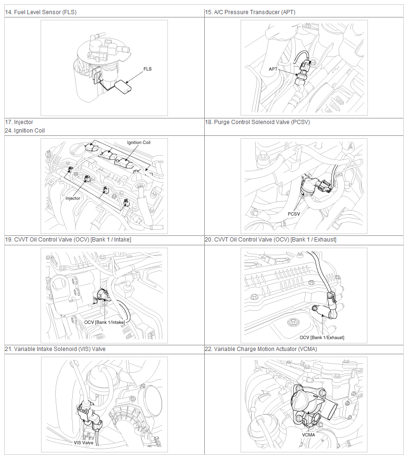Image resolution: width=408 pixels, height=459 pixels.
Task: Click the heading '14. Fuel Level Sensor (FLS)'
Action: [x=41, y=12]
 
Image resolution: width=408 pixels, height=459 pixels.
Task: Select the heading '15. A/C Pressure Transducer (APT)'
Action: [x=250, y=12]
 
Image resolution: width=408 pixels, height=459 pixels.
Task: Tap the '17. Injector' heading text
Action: [x=19, y=122]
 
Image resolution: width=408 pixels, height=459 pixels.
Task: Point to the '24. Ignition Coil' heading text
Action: [x=25, y=131]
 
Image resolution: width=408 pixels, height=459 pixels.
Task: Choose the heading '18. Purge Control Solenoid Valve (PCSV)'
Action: [x=257, y=122]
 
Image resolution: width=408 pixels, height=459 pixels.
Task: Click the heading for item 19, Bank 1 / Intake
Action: [x=68, y=240]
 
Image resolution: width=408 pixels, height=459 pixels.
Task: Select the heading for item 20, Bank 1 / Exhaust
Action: [x=270, y=240]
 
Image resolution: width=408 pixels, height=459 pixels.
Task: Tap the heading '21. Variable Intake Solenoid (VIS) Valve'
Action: [x=55, y=349]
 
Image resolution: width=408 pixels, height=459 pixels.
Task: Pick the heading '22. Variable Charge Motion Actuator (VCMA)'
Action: [x=261, y=349]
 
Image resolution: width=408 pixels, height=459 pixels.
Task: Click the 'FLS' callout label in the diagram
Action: [x=148, y=69]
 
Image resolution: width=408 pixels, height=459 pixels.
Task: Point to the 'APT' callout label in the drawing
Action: [x=273, y=69]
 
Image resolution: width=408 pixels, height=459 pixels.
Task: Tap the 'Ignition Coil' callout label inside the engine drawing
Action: [x=139, y=142]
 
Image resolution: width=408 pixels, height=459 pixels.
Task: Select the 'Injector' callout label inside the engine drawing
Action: [x=73, y=199]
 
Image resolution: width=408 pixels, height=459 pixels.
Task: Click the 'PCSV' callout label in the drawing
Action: [x=294, y=214]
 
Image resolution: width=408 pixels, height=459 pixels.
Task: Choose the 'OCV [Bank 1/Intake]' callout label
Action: [x=105, y=322]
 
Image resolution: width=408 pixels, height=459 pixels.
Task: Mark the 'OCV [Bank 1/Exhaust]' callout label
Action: [x=322, y=337]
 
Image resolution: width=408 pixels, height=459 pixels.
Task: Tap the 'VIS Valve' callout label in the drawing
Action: [x=83, y=442]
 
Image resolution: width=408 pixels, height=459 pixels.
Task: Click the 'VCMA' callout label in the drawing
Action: [x=308, y=435]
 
